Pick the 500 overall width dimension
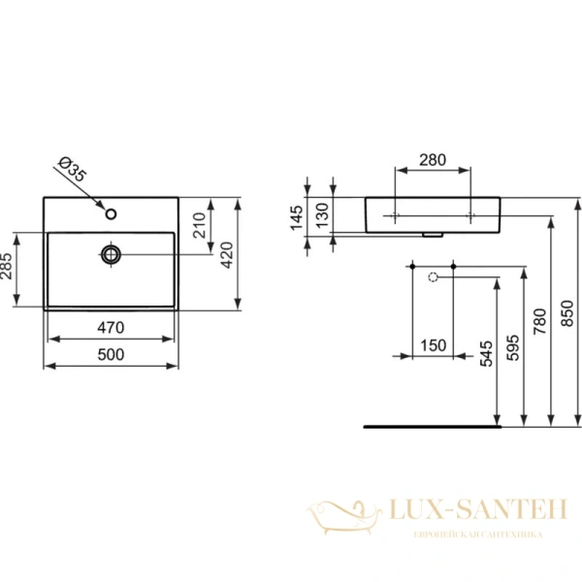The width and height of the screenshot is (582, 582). (x=112, y=356)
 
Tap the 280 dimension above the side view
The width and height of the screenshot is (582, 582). (x=433, y=161)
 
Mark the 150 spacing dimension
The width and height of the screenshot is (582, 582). (x=433, y=346)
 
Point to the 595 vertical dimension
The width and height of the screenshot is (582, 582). (x=513, y=343)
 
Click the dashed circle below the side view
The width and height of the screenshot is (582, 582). (x=434, y=277)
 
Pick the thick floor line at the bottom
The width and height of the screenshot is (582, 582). (x=428, y=426)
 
